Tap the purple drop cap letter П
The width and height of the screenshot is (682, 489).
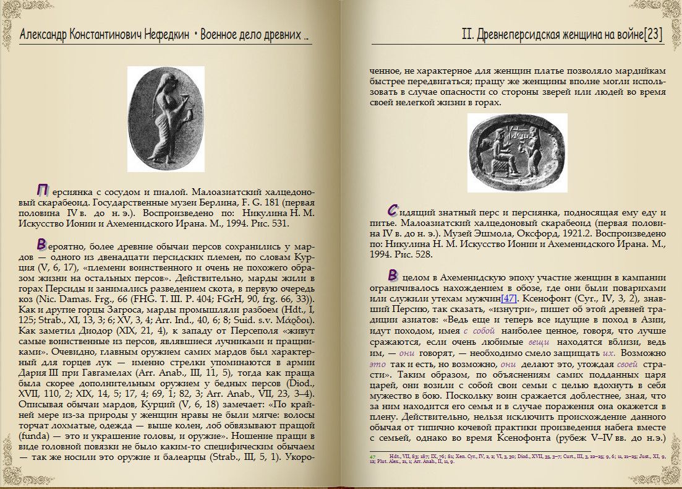[x=43, y=189]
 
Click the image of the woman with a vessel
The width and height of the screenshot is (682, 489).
[x=166, y=118]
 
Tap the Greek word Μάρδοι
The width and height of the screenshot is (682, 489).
[x=297, y=319]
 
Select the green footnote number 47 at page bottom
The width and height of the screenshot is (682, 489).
[x=373, y=456]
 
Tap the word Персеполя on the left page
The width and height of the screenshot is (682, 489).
[x=258, y=331]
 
